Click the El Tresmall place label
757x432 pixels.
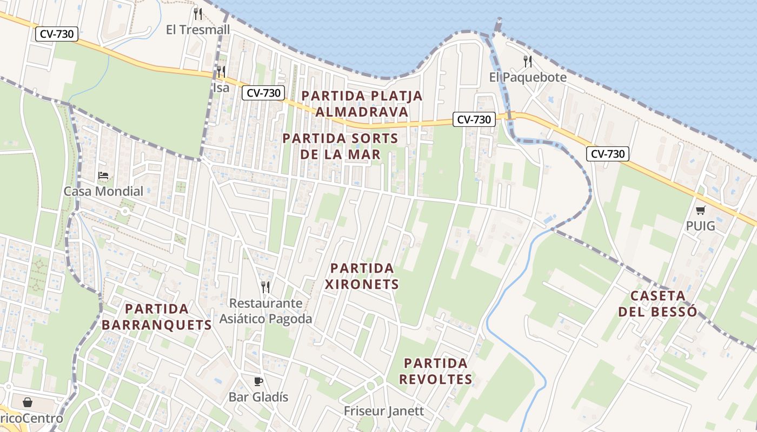(x=198, y=30)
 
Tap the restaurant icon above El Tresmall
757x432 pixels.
(x=198, y=14)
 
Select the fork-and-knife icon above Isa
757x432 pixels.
(x=221, y=72)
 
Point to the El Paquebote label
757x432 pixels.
(x=528, y=77)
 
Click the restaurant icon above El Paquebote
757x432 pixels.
(x=528, y=62)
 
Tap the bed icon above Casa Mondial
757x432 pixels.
(x=103, y=175)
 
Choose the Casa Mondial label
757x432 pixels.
(x=103, y=191)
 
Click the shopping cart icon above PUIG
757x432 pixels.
(x=700, y=211)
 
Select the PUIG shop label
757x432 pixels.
(x=700, y=226)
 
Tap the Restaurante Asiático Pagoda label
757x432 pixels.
(x=265, y=311)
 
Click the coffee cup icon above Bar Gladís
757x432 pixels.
(x=258, y=382)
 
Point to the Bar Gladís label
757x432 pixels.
(x=258, y=397)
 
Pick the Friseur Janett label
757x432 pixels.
(x=384, y=411)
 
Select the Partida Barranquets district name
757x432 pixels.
(x=157, y=317)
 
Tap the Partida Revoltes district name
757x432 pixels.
(x=436, y=371)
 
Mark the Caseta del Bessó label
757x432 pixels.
(x=658, y=303)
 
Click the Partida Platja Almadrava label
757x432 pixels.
(x=362, y=104)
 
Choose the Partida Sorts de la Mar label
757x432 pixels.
(x=340, y=146)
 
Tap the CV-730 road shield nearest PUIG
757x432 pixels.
(x=608, y=154)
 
